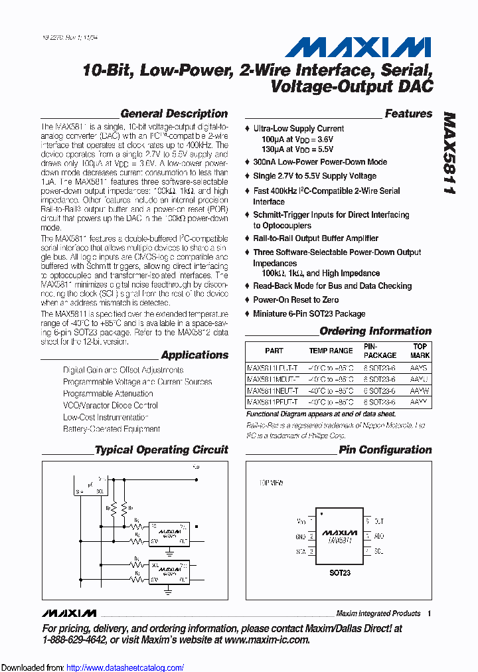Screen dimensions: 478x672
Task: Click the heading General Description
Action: point(174,114)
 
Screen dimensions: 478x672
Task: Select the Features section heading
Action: point(408,114)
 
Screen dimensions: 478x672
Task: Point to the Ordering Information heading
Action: point(375,331)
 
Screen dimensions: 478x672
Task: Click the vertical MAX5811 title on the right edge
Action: point(449,152)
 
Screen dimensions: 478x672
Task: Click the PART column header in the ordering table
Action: point(274,351)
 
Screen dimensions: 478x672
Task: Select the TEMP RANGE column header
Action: point(331,351)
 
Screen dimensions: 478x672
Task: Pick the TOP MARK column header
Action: point(420,351)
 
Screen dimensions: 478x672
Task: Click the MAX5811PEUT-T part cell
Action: point(273,402)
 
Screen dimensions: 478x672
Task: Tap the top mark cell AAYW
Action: point(419,390)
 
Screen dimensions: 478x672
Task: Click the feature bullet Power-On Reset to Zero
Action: point(296,299)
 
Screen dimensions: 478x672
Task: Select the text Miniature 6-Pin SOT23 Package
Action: point(309,313)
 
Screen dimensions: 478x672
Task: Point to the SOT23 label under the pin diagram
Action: point(339,572)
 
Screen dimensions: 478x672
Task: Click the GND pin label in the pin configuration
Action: point(300,537)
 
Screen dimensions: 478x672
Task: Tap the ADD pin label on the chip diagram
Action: point(378,536)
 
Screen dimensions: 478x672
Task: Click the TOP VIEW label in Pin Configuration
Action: point(272,484)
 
